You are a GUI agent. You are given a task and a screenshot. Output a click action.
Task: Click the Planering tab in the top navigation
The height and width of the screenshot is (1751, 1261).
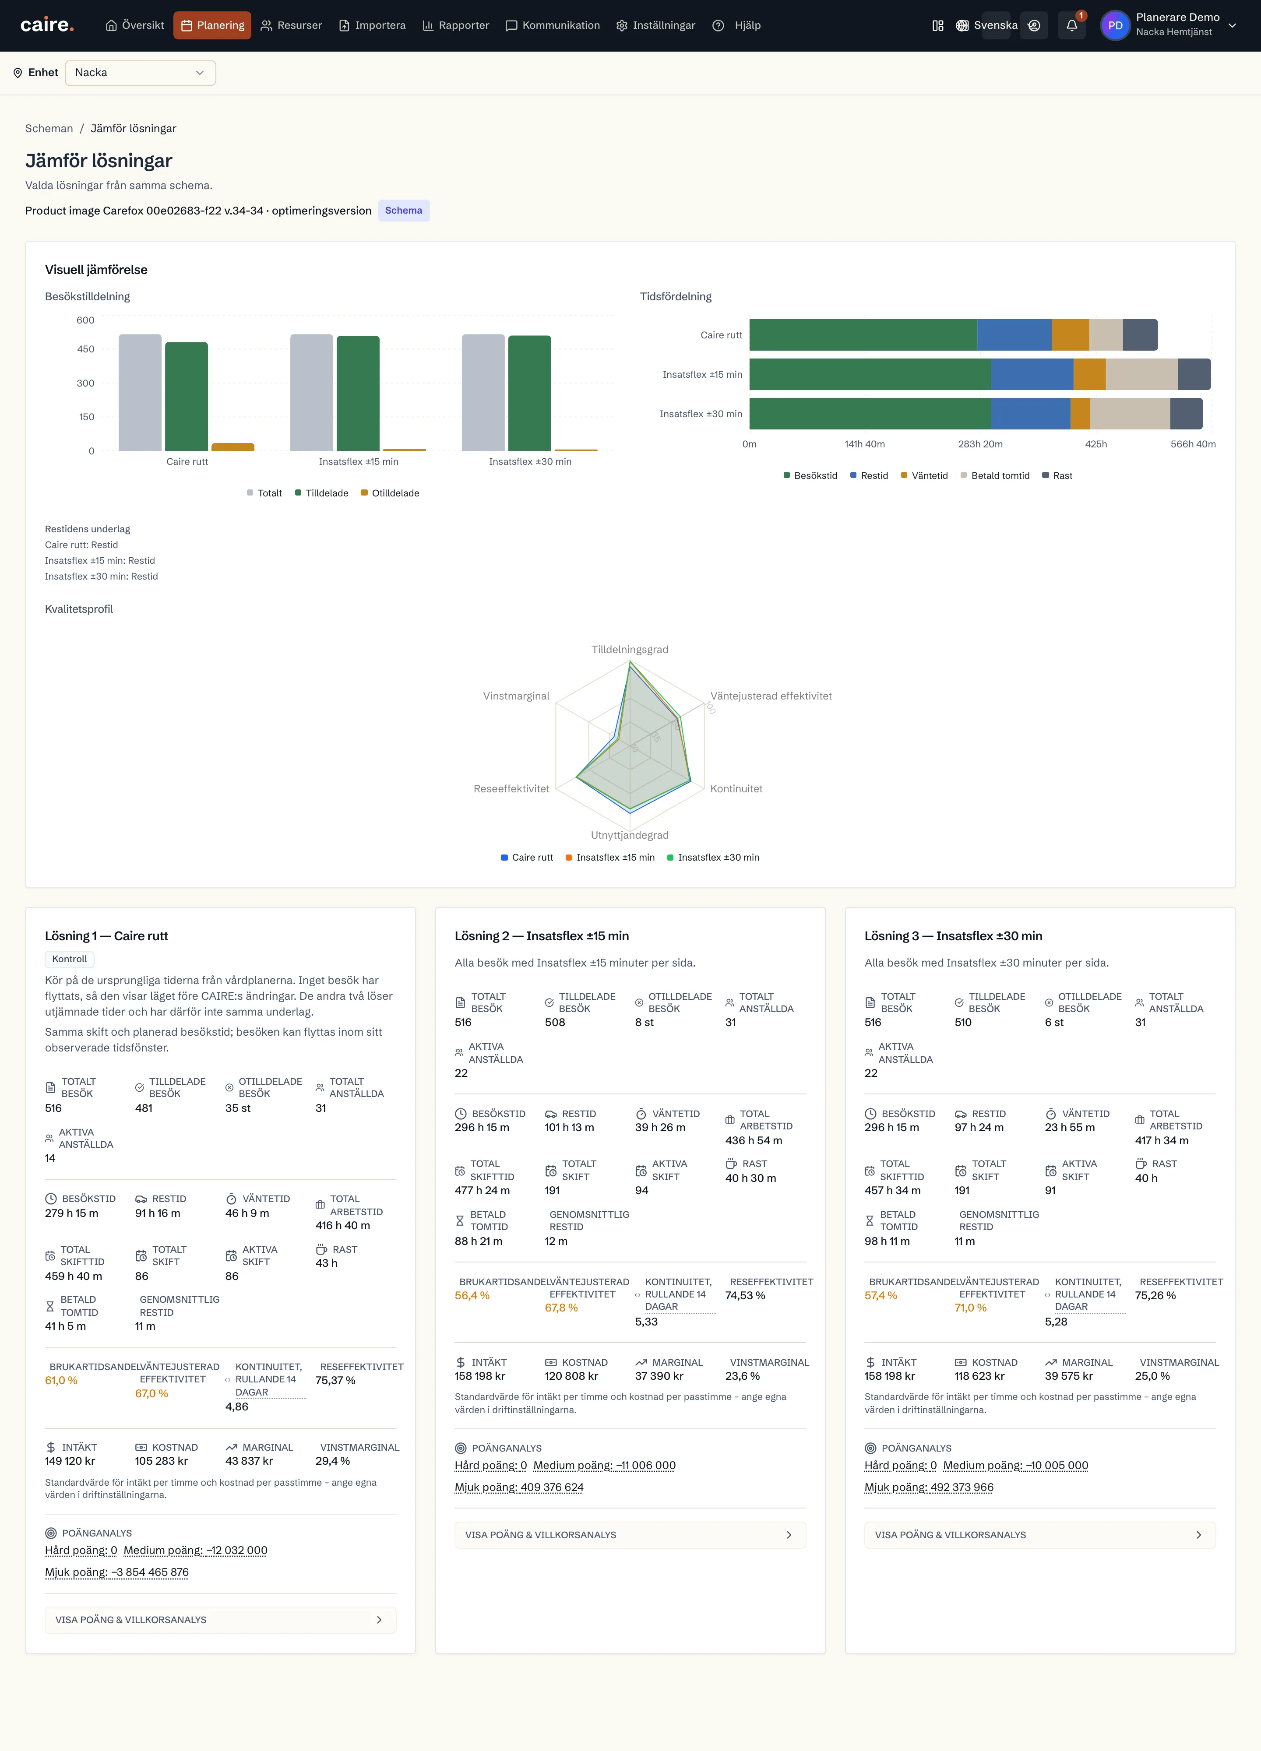(212, 25)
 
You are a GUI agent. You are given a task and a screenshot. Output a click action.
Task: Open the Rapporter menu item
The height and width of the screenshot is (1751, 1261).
(456, 25)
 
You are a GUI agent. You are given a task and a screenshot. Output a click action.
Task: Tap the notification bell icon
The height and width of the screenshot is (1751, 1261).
(1072, 25)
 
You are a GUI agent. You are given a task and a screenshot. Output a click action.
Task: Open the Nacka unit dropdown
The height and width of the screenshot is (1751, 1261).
(140, 73)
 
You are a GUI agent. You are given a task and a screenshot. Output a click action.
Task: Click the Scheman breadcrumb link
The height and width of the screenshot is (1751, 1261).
(49, 128)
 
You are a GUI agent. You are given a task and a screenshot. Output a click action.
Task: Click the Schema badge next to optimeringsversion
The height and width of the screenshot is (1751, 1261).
(404, 211)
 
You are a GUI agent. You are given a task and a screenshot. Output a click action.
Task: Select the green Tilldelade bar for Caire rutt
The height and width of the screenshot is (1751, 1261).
(186, 396)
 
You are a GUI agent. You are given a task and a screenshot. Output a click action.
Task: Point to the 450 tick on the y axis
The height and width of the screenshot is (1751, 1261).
(86, 349)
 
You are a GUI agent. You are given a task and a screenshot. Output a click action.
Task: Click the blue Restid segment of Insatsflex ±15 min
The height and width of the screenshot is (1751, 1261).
(1032, 374)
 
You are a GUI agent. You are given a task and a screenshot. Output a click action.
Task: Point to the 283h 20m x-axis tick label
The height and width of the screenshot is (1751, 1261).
(980, 444)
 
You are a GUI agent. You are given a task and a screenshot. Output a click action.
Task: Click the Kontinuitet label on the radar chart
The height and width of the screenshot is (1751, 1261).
(736, 789)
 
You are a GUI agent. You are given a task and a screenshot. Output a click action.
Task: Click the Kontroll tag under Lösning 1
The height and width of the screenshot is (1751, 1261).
(70, 959)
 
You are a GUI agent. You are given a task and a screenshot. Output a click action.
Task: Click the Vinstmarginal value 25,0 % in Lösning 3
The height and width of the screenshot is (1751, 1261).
(1153, 1376)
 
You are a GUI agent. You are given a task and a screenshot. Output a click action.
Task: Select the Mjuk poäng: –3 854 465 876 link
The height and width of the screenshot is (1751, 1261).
(116, 1572)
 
